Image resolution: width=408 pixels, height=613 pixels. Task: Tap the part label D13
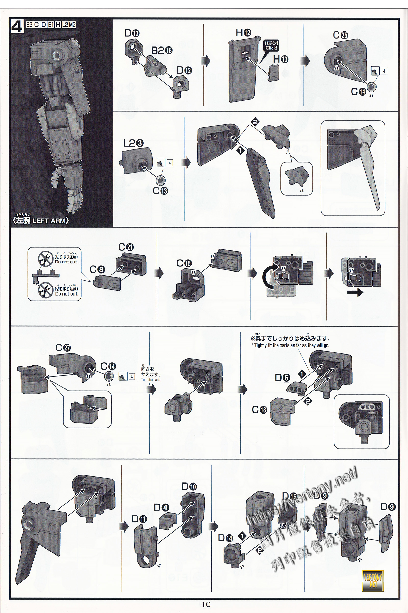(x=132, y=33)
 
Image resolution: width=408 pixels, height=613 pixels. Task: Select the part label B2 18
(x=162, y=50)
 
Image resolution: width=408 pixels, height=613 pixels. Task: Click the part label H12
(x=243, y=33)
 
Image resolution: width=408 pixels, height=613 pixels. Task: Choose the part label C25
(x=340, y=35)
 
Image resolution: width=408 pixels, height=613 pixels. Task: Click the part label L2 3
(x=133, y=143)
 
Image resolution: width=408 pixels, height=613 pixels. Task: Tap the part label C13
(x=160, y=191)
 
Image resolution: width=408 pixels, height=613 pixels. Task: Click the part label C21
(x=126, y=247)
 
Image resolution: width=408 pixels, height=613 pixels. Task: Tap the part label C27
(x=63, y=348)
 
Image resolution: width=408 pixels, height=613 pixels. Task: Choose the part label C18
(x=259, y=410)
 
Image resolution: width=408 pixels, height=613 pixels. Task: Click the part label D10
(x=189, y=486)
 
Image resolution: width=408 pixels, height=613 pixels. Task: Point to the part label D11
(x=139, y=519)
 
